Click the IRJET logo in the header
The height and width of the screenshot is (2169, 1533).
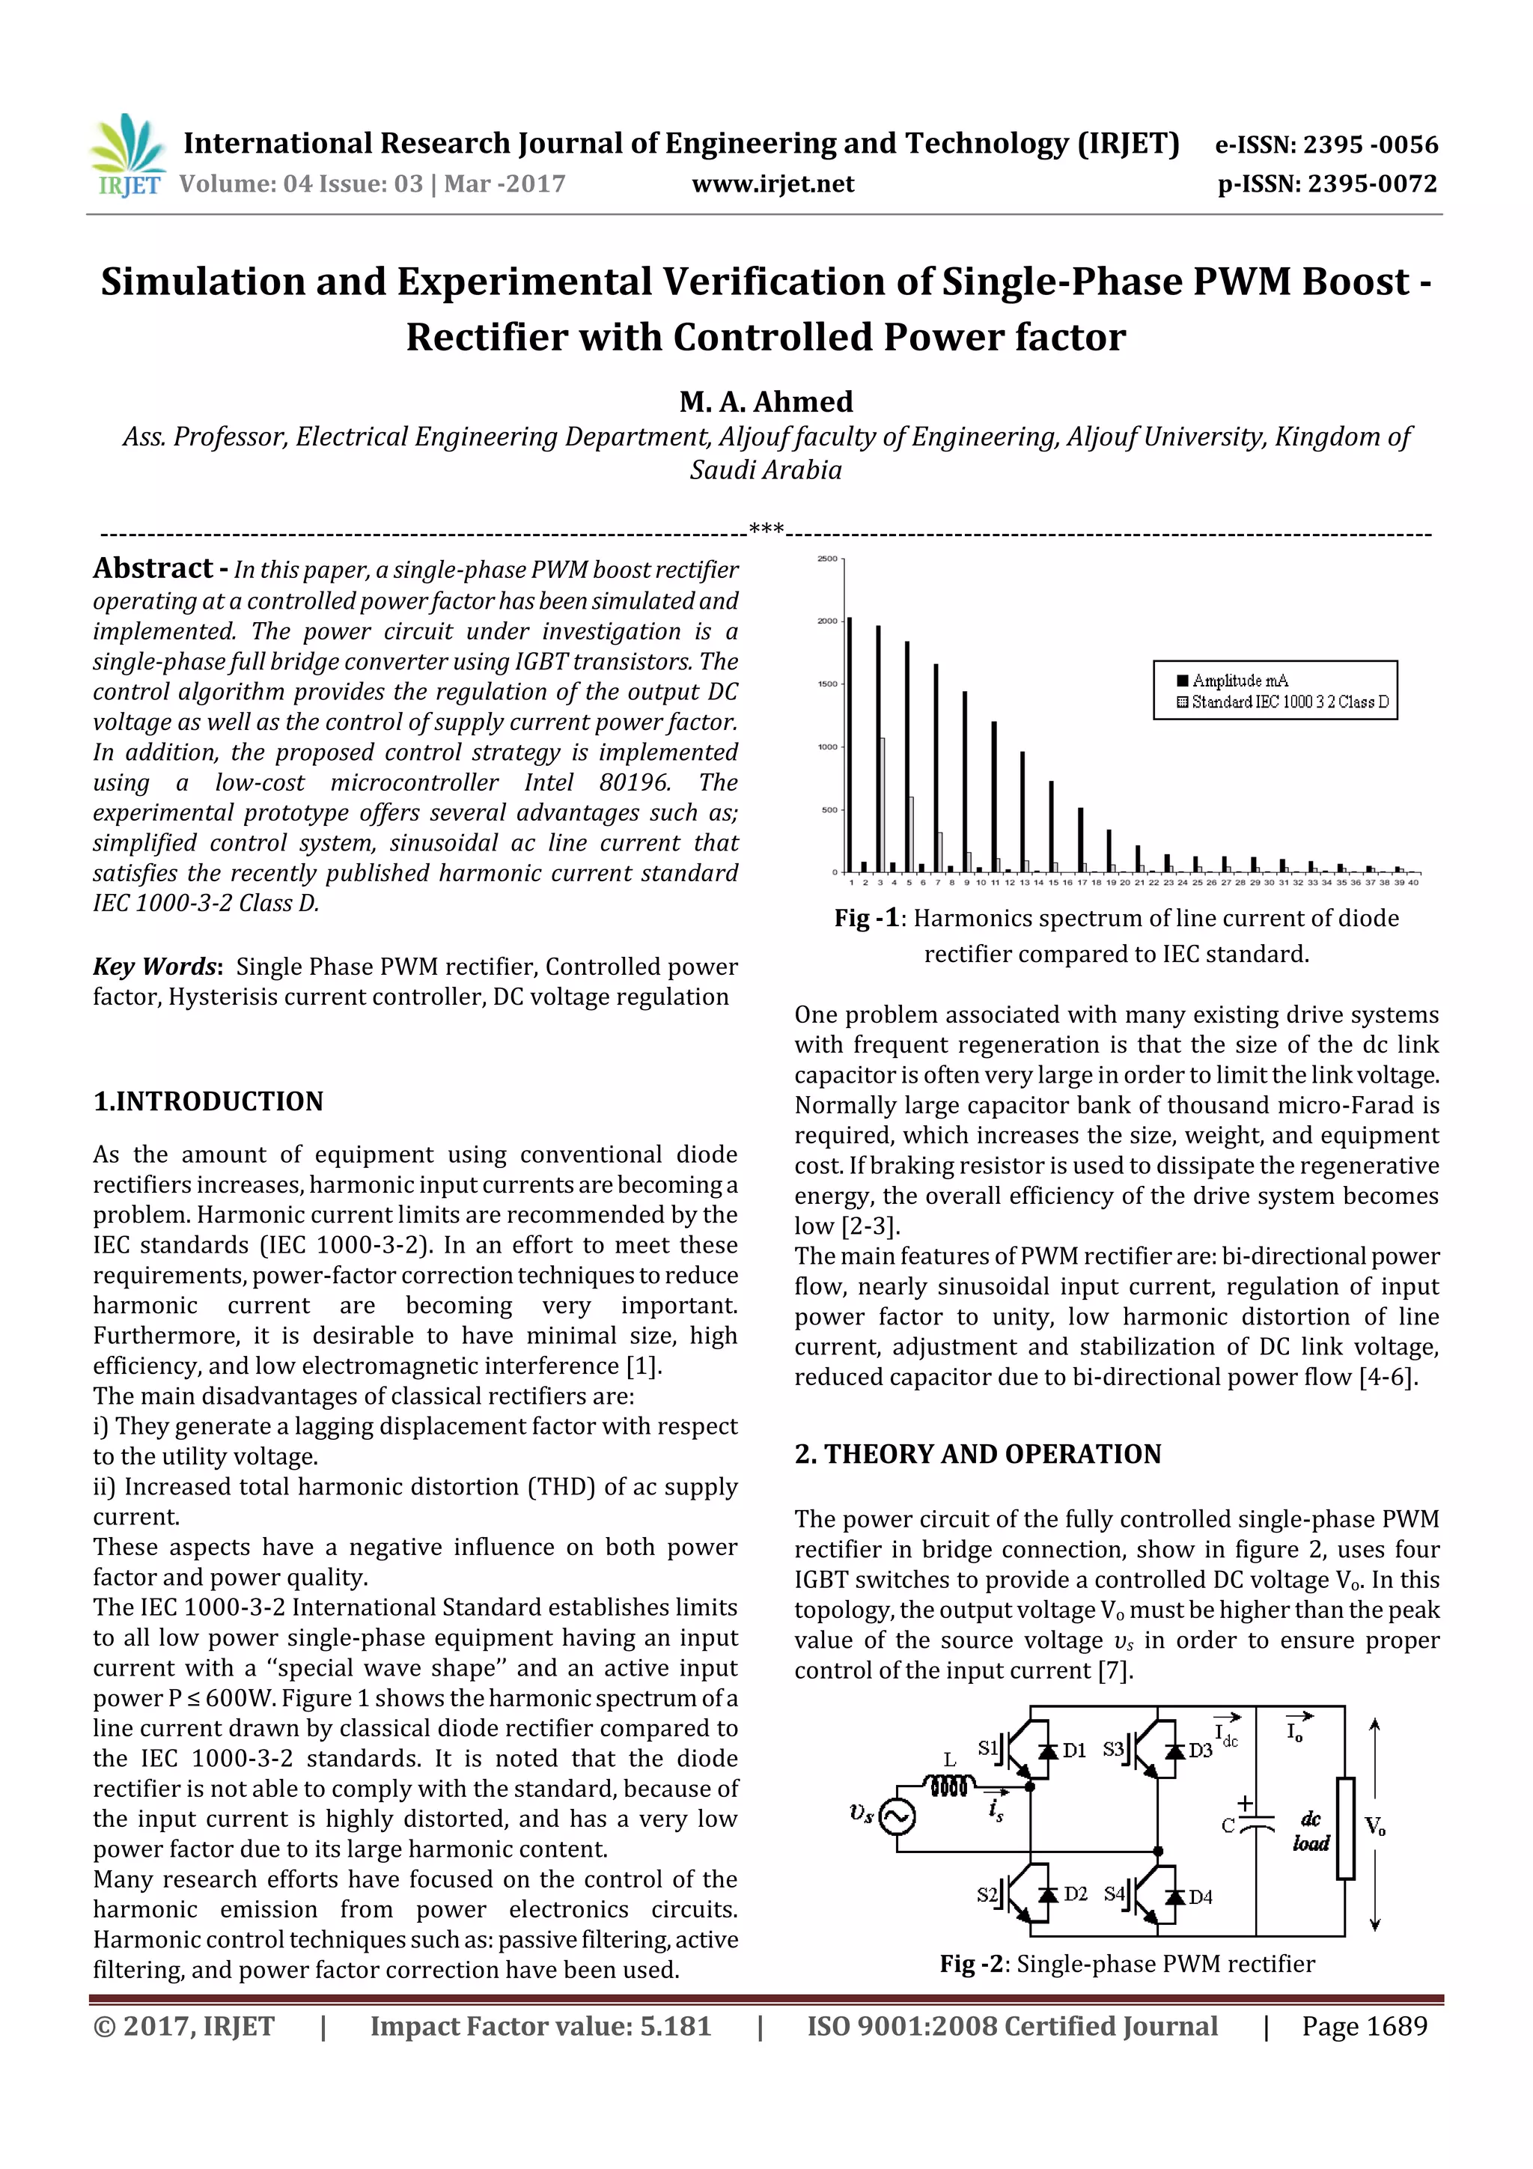pyautogui.click(x=127, y=156)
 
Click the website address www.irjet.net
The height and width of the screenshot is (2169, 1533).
pyautogui.click(x=772, y=184)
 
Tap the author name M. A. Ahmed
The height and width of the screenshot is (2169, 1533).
pyautogui.click(x=765, y=401)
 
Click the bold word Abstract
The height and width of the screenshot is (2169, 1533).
pyautogui.click(x=153, y=569)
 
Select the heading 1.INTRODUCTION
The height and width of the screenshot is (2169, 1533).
pyautogui.click(x=208, y=1101)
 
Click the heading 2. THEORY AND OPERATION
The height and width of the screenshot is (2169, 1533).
pyautogui.click(x=977, y=1454)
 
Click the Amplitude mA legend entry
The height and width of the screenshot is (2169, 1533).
pyautogui.click(x=1238, y=680)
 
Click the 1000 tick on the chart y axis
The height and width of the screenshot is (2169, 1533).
pyautogui.click(x=826, y=747)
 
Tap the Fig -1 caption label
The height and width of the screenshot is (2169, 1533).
pyautogui.click(x=868, y=918)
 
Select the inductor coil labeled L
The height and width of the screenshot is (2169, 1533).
pyautogui.click(x=949, y=1786)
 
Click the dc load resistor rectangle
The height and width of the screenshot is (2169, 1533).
pyautogui.click(x=1344, y=1829)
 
